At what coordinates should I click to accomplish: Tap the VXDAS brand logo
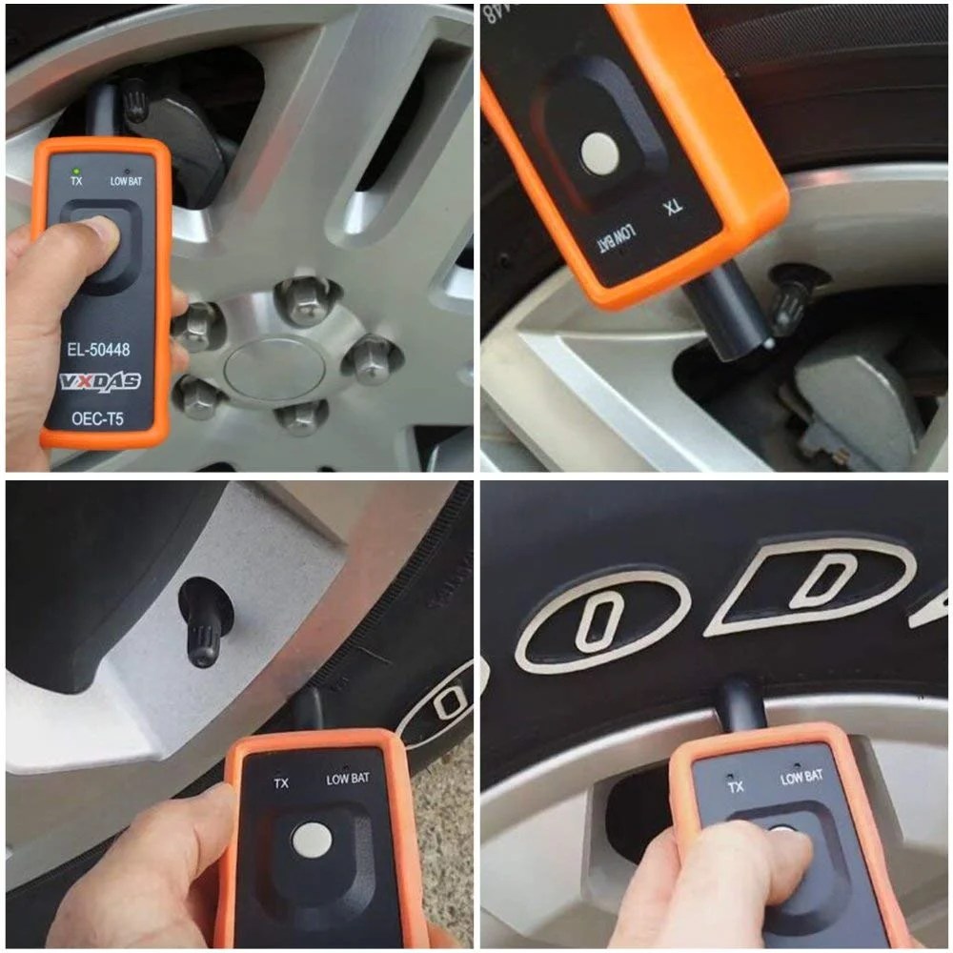click(100, 382)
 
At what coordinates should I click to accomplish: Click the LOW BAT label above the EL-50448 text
click(126, 181)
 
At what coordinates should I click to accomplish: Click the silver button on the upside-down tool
click(598, 150)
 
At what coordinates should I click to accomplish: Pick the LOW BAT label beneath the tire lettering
click(801, 778)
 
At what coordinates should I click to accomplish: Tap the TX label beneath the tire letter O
click(736, 786)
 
